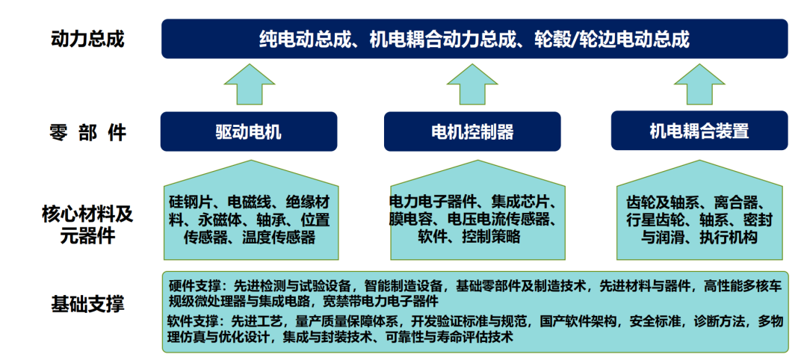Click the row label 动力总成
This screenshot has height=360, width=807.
[88, 39]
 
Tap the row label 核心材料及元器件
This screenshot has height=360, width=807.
[87, 225]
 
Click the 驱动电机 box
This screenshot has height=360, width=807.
[249, 131]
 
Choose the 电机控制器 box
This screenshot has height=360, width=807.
[472, 131]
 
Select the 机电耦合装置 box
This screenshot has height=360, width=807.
[699, 131]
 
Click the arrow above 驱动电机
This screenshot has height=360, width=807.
[249, 84]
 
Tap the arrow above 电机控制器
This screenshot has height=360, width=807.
[472, 84]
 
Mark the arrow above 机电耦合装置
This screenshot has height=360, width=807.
[699, 84]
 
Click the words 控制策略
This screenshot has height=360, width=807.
[491, 236]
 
